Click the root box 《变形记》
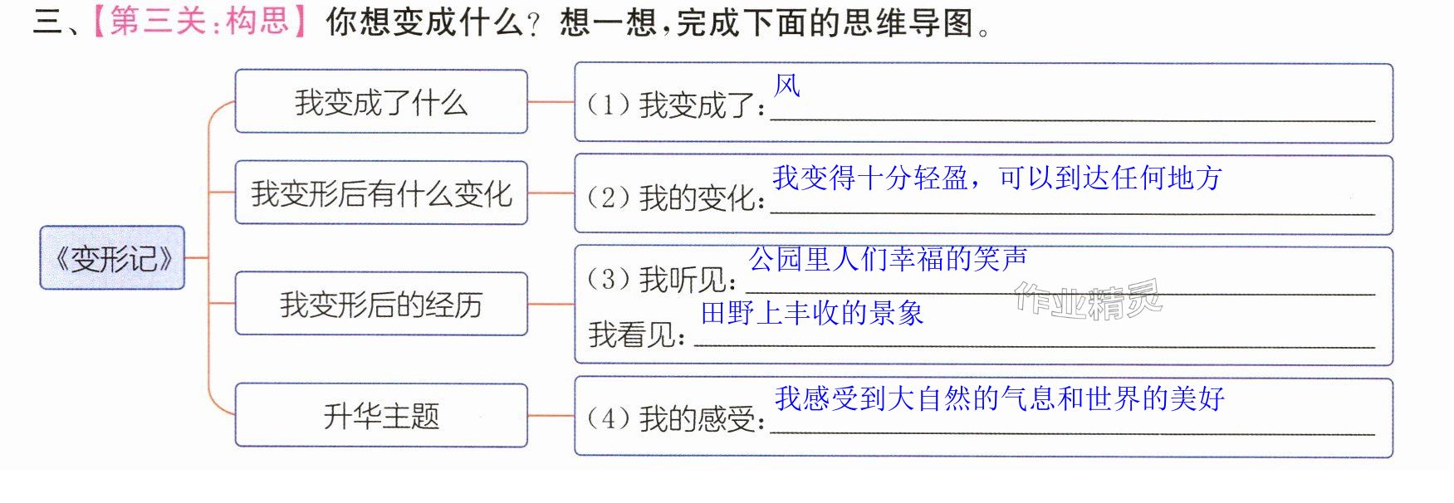click(112, 257)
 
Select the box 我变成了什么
click(381, 101)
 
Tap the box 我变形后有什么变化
click(381, 193)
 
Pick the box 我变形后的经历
click(381, 304)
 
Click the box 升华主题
click(381, 415)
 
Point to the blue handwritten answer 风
click(787, 85)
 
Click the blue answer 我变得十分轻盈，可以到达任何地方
click(997, 178)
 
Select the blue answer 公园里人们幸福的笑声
click(889, 259)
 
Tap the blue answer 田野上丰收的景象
click(812, 313)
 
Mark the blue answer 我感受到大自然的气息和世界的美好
click(1000, 398)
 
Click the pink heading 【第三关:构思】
click(199, 21)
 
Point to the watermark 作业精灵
click(1088, 300)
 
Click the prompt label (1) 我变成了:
click(676, 105)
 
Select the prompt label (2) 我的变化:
click(676, 198)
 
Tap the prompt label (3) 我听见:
click(662, 280)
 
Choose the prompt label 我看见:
click(638, 335)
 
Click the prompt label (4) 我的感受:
click(676, 419)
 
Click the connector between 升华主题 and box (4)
click(551, 415)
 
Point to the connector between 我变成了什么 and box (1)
click(551, 102)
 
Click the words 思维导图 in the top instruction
click(908, 22)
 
